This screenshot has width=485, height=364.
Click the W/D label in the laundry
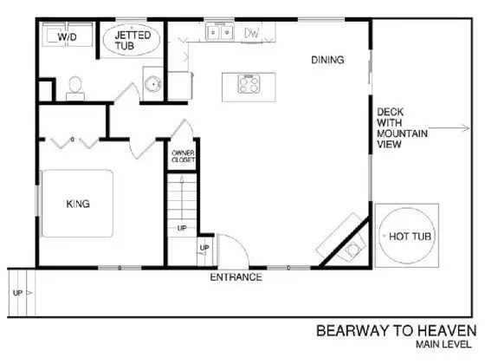pos(68,37)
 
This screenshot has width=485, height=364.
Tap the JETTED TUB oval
pos(132,40)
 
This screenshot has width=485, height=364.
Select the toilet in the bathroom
pos(75,88)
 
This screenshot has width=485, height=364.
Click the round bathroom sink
pos(153,83)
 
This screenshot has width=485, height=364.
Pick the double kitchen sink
pos(220,31)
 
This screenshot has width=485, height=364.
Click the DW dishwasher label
pos(251,33)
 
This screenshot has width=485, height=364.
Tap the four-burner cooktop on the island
pos(249,84)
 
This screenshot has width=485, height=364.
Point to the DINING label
pos(327,60)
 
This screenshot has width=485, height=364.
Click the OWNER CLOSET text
pos(183,156)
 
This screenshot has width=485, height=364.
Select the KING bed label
pos(78,204)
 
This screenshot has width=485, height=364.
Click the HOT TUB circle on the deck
pos(407,236)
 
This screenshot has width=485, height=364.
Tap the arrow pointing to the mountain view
pos(449,128)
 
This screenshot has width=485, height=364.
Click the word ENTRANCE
pos(236,277)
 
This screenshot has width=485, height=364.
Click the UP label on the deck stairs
pos(17,293)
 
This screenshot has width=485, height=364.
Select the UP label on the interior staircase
pos(182,228)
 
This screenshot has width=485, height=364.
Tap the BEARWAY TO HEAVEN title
pos(397,331)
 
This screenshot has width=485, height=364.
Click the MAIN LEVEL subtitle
pos(443,344)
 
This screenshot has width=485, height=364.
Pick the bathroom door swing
pos(127,92)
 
